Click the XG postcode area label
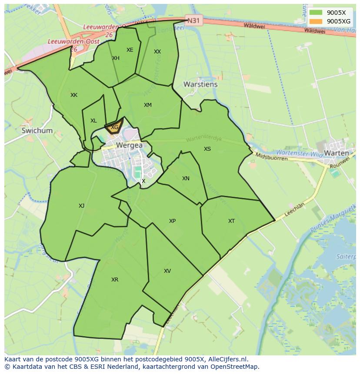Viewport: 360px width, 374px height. point(114,127)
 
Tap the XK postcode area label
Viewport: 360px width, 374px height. point(74,95)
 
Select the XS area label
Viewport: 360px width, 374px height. point(207,149)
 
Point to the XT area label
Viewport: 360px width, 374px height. point(231,221)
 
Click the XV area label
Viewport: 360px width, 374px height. point(167,271)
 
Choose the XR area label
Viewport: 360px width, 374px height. point(115,280)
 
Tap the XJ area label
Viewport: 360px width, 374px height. point(82,206)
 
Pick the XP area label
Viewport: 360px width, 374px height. point(172,221)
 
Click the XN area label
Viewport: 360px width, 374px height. point(186,179)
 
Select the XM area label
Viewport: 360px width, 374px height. point(148,105)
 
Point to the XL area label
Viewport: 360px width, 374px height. point(93,121)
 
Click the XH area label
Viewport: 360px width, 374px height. point(116,58)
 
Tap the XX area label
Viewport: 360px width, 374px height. point(157,52)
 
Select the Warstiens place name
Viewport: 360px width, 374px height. point(200,84)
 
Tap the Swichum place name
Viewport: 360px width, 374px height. point(37,130)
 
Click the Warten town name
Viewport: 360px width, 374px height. point(337,153)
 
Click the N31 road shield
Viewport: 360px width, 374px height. point(194,20)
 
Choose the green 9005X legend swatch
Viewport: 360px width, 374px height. point(316,13)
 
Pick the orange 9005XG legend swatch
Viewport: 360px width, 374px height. point(316,21)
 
